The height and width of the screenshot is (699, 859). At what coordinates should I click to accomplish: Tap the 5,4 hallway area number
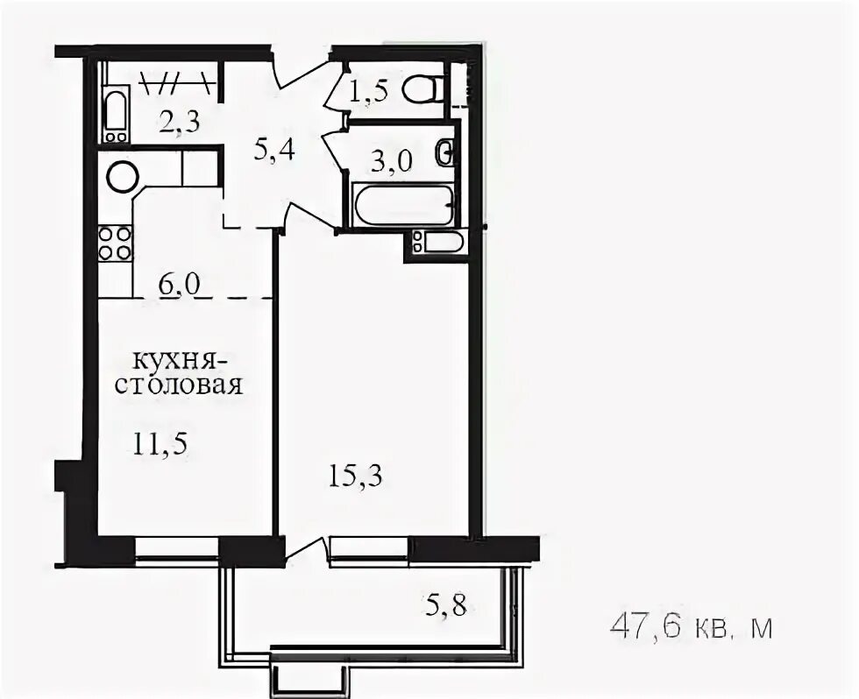pos(274,149)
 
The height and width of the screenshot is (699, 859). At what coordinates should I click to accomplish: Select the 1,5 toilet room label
pos(369,91)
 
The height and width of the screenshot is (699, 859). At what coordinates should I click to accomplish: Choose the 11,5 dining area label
pos(160,443)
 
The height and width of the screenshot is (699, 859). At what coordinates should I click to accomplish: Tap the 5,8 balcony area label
pos(446,605)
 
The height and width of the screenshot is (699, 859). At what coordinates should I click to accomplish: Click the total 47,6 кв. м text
pos(691,627)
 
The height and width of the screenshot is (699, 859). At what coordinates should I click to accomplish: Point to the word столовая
pos(179,385)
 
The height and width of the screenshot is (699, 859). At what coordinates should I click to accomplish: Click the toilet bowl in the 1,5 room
pos(421,88)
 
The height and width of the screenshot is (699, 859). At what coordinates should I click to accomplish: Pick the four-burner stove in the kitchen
pos(115,244)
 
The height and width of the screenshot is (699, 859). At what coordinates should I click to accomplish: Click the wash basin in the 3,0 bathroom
pos(446,153)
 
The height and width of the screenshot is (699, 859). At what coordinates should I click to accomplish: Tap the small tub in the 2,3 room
pos(116,116)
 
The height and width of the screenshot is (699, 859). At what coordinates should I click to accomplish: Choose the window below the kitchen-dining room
pos(177,548)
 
